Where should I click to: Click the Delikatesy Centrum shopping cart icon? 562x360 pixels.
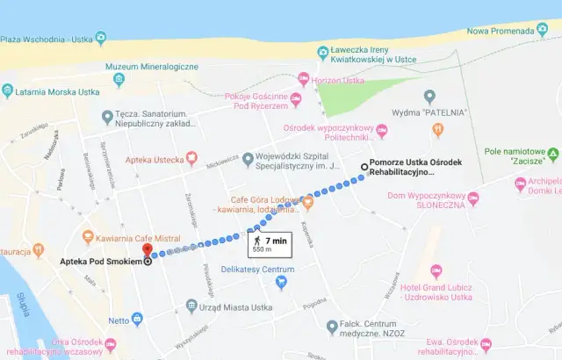[282, 282]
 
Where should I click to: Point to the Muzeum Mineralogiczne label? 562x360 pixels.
[149, 67]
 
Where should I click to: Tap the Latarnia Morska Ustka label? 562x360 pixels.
[61, 90]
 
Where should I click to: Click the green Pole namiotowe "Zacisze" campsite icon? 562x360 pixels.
[551, 156]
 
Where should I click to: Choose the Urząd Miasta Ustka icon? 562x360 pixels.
[192, 306]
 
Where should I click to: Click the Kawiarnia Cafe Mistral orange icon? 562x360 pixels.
[88, 236]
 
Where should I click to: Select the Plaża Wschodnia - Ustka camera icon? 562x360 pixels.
[103, 38]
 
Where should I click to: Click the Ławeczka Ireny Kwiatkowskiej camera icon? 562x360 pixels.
[323, 52]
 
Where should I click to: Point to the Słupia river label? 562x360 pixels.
[20, 306]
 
